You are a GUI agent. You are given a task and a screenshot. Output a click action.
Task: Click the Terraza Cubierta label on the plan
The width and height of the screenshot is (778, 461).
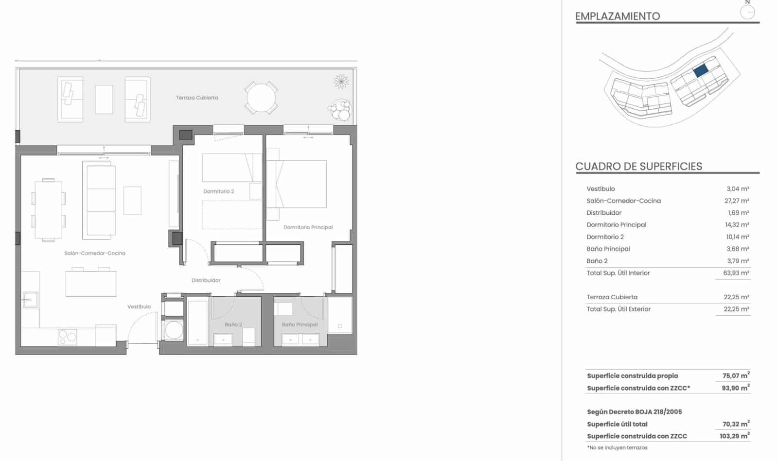click(x=197, y=98)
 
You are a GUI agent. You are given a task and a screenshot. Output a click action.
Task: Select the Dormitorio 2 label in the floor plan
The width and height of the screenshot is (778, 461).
click(x=218, y=191)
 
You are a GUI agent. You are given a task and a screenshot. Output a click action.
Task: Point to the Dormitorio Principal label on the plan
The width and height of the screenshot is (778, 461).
click(x=308, y=227)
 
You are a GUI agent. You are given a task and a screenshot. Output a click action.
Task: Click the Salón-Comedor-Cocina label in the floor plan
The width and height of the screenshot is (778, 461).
click(x=95, y=253)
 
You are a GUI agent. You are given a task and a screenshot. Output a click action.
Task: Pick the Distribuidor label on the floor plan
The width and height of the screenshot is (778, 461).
click(x=206, y=280)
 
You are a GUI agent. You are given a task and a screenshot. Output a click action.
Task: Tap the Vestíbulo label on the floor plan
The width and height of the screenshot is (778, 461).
click(x=139, y=307)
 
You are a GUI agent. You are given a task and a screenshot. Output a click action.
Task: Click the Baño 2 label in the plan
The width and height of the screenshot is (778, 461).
click(x=233, y=324)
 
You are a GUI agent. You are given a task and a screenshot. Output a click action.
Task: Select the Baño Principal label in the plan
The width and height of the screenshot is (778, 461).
click(x=300, y=324)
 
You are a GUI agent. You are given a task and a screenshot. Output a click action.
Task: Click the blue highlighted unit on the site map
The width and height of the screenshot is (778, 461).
click(x=700, y=71)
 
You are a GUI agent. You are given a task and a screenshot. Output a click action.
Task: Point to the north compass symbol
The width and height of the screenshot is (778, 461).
click(x=747, y=11)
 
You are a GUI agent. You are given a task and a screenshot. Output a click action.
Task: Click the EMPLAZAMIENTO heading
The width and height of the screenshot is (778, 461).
click(x=618, y=16)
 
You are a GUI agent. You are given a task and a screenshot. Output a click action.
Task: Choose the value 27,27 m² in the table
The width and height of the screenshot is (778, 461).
click(x=737, y=201)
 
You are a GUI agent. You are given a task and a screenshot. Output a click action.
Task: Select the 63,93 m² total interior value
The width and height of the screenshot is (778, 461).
click(x=736, y=273)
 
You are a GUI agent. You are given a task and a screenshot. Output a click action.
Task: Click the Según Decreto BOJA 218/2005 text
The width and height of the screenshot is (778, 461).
click(x=634, y=411)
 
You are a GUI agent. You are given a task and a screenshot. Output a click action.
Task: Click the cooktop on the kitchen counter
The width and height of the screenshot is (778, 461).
click(x=68, y=337)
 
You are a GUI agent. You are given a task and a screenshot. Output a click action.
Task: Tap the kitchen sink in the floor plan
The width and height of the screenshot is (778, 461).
click(x=30, y=300)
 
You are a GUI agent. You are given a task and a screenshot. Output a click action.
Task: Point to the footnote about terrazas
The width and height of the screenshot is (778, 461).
click(x=617, y=447)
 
